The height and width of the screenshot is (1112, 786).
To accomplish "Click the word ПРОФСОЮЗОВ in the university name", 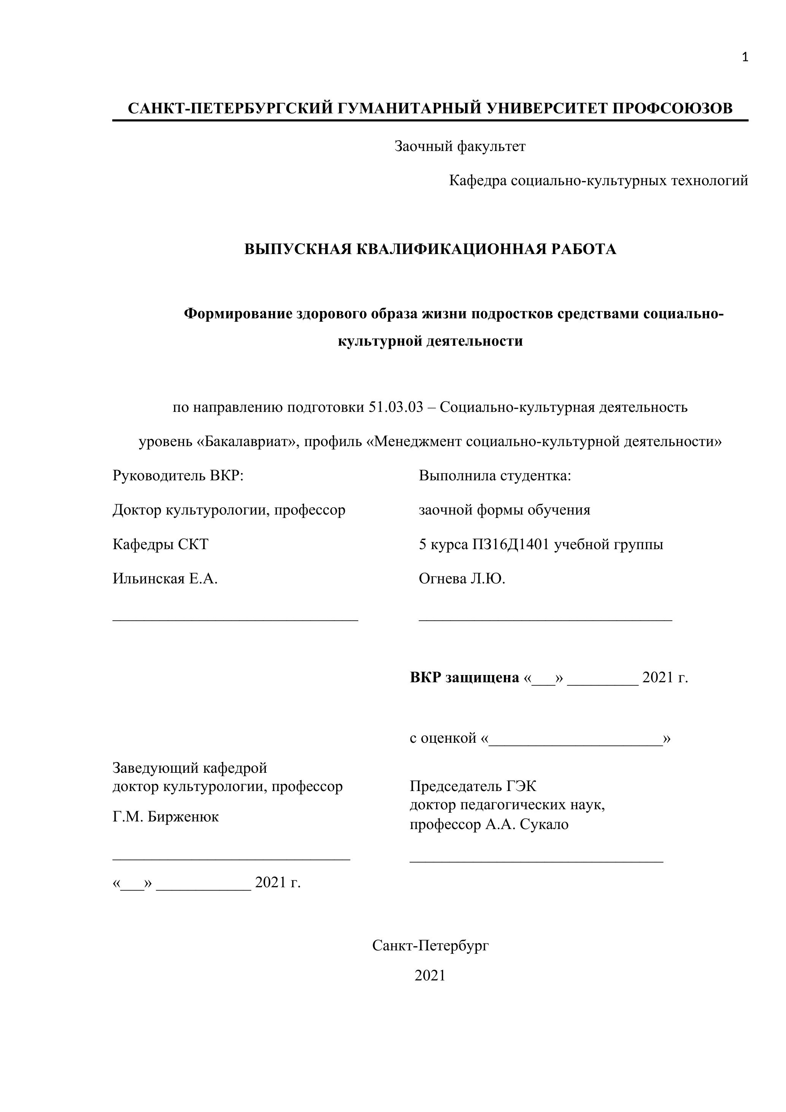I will coord(673,108).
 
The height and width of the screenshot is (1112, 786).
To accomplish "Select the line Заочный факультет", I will coord(460,146).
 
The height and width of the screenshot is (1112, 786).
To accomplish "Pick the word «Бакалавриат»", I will coord(246,442).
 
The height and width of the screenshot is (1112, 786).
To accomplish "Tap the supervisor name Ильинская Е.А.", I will coord(165,579).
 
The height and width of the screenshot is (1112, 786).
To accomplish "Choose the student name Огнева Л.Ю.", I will coord(462,579).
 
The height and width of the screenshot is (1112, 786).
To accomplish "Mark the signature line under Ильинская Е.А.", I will coord(235,620).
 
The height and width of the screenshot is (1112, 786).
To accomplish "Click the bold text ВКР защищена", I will coord(464,678).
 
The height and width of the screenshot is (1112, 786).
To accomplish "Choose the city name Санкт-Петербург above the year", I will coord(430,945).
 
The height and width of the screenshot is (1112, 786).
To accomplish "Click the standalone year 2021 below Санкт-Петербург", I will coord(430,975).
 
